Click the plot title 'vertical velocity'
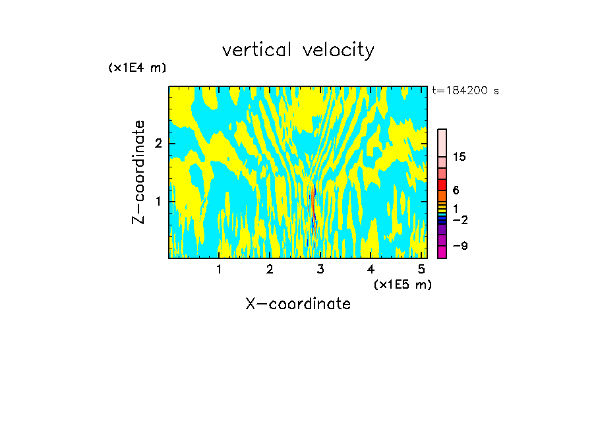coord(298,50)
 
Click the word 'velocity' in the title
coord(338,50)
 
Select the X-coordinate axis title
coord(298,304)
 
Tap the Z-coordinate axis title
coord(138,172)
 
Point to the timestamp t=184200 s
coord(465,91)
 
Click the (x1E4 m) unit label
coord(137,68)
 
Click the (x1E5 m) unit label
coord(402,284)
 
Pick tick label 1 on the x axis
coord(219,269)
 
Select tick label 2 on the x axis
coord(270,269)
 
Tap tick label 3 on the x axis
coord(320,269)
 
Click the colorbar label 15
coord(460,157)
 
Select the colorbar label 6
coord(456,190)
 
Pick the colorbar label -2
coord(460,219)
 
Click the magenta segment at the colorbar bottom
coord(442,252)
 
